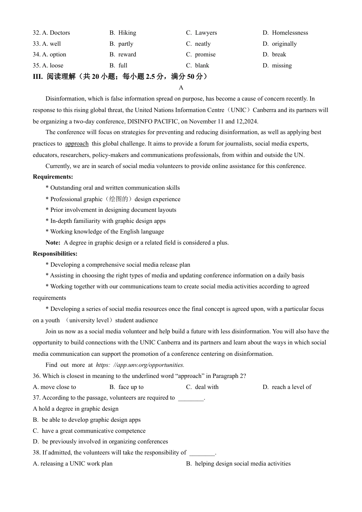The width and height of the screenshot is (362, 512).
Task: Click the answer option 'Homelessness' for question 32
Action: (290, 33)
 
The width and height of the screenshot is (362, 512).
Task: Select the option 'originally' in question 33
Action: (284, 44)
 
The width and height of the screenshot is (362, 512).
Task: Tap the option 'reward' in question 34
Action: (127, 54)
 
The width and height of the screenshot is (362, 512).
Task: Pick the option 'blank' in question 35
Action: (202, 66)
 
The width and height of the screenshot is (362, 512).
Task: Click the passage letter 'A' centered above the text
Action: (181, 88)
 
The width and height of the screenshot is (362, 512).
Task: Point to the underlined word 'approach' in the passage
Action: (77, 144)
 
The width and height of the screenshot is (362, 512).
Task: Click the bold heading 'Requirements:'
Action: (53, 177)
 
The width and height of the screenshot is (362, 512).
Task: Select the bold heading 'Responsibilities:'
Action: (55, 254)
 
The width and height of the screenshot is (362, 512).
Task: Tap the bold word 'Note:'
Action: (53, 243)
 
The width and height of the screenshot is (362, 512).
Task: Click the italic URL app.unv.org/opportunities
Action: (140, 365)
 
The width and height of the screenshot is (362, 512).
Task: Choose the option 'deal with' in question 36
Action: (207, 387)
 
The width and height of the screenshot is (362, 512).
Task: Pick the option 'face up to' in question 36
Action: (131, 387)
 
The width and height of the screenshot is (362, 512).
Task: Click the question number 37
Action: (36, 398)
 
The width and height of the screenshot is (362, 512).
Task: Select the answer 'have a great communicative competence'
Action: (93, 431)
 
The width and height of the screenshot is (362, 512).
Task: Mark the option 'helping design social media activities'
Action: (242, 464)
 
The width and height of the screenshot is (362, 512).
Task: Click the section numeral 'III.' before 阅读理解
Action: (38, 77)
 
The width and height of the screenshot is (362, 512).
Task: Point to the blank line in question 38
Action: (202, 453)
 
